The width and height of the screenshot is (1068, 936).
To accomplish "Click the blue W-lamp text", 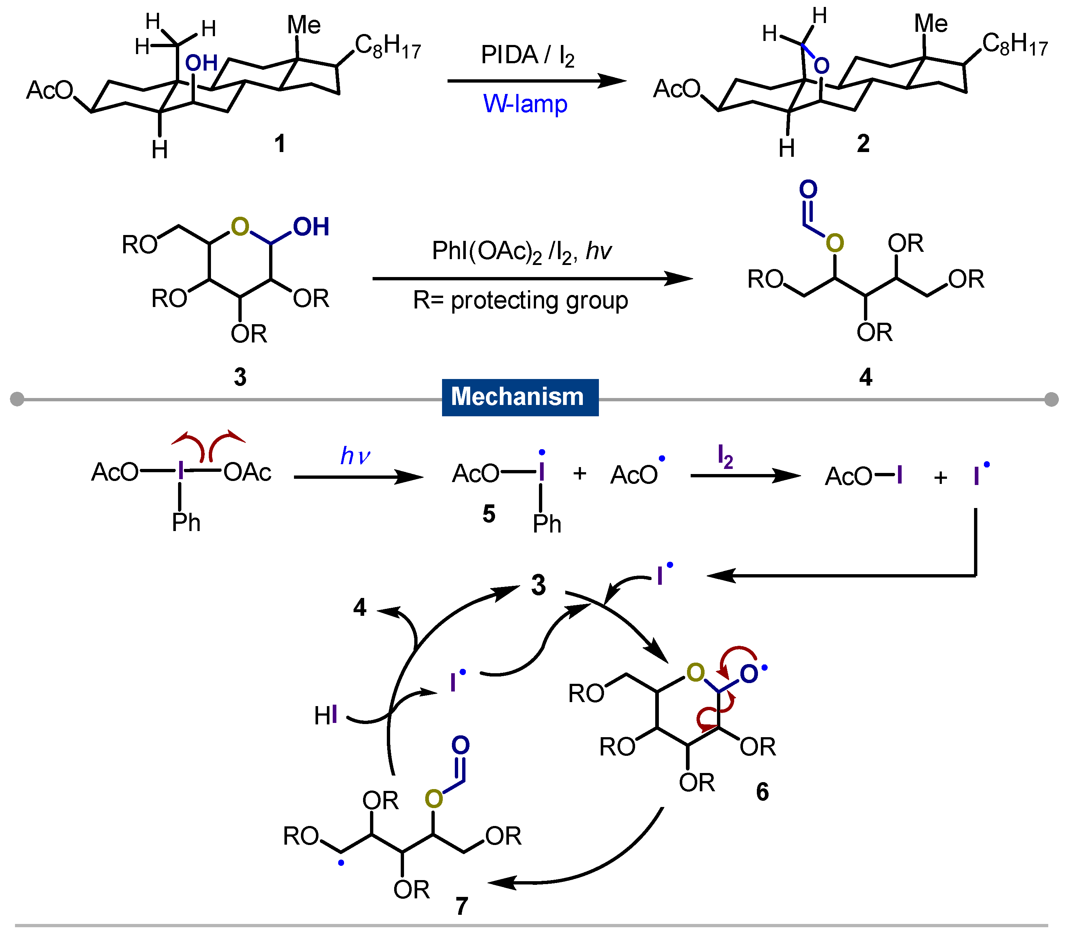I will pyautogui.click(x=525, y=103).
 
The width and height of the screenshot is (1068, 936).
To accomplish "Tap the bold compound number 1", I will pyautogui.click(x=280, y=143).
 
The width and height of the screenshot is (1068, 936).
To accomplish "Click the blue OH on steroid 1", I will pyautogui.click(x=201, y=63).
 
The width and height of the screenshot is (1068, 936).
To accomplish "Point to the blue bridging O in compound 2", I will pyautogui.click(x=821, y=66).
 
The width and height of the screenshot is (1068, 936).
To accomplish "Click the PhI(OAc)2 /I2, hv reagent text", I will pyautogui.click(x=521, y=252).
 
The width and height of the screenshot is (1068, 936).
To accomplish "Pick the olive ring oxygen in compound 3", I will pyautogui.click(x=240, y=227).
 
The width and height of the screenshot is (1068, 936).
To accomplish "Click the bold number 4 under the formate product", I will pyautogui.click(x=865, y=376).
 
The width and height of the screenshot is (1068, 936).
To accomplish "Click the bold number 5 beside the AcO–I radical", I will pyautogui.click(x=488, y=514).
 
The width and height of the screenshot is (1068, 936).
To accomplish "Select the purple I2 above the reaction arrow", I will pyautogui.click(x=725, y=456).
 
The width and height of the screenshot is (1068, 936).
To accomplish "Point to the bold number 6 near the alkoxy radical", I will pyautogui.click(x=762, y=792).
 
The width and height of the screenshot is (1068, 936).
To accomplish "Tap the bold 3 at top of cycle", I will pyautogui.click(x=538, y=585).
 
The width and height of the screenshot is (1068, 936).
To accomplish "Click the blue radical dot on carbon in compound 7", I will pyautogui.click(x=341, y=863).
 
